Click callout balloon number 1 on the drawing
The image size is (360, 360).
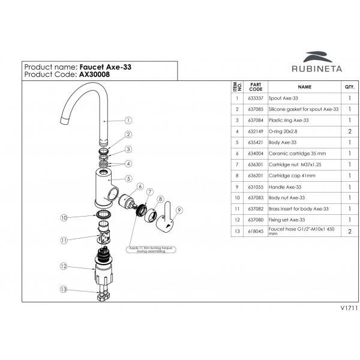coord(128,120)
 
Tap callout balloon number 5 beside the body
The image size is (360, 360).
coord(128,178)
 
